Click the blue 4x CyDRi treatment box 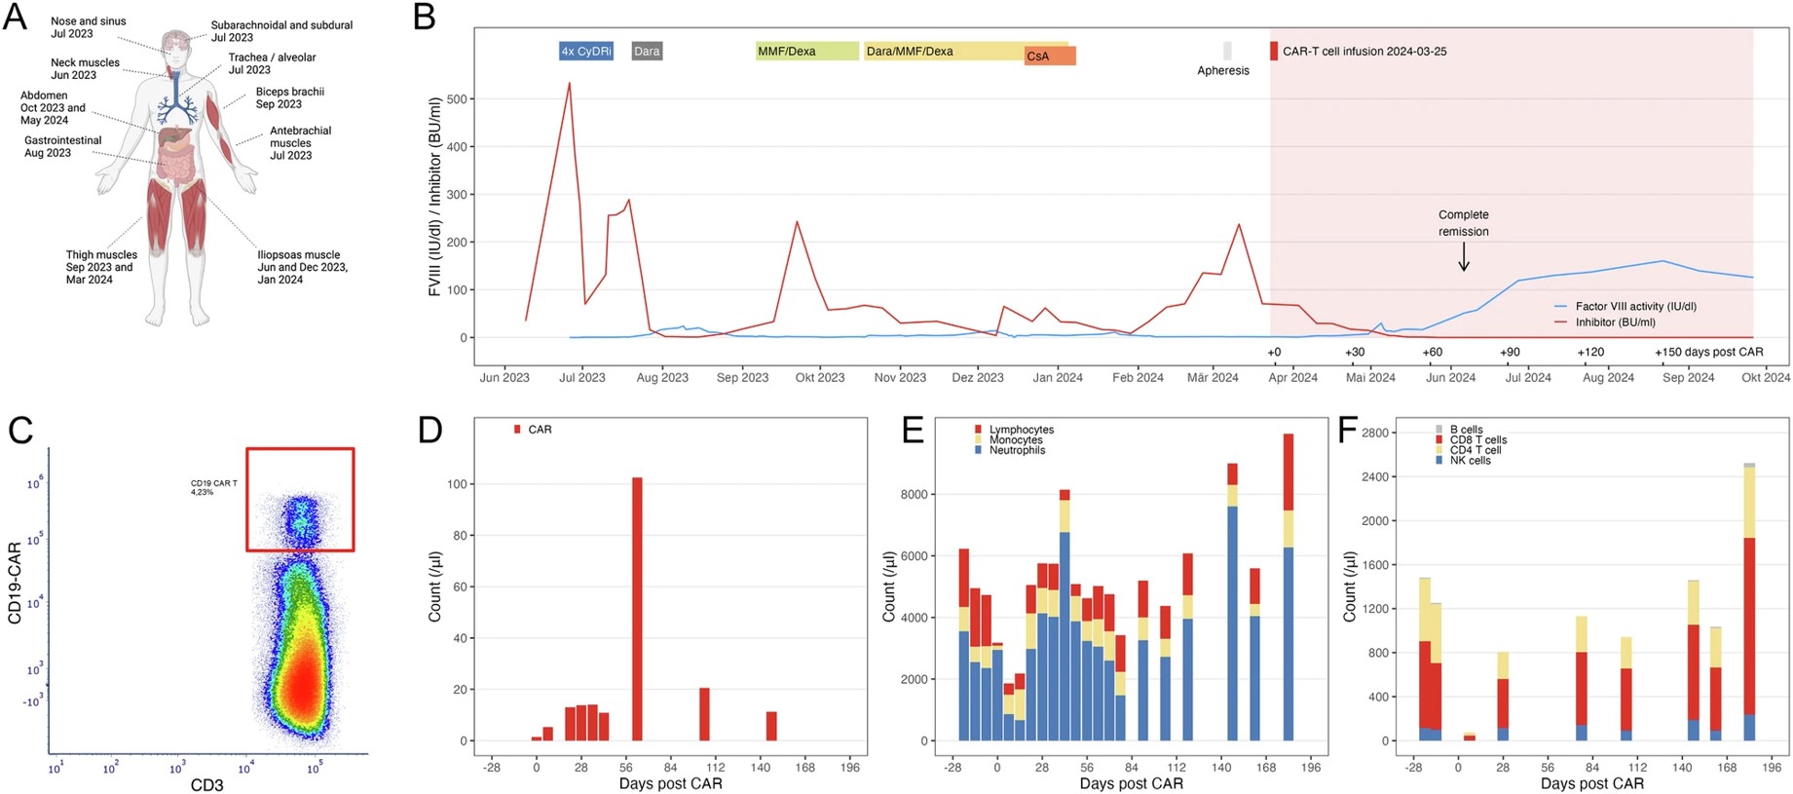585,51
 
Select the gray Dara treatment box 647,51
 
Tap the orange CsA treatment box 1049,57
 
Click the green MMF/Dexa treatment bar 806,51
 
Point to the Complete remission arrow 1463,257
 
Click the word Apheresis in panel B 1222,70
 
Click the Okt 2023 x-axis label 819,377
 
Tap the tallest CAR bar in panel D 637,609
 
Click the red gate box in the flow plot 300,500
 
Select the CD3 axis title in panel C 206,784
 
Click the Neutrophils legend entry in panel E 1017,450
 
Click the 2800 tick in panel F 1374,433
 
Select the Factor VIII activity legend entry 1635,306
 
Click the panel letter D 430,430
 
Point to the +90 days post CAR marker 1509,352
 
